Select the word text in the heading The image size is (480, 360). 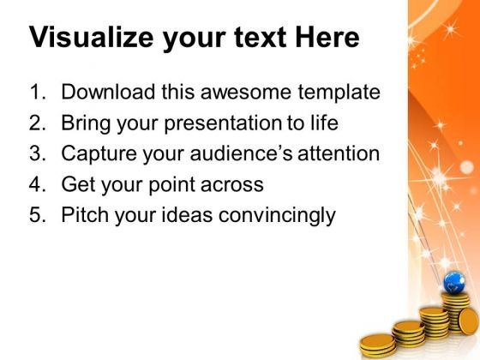coord(261,38)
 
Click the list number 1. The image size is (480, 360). coord(38,92)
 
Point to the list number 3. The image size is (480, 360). coord(38,153)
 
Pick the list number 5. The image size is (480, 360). coord(38,214)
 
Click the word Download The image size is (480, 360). coord(108,91)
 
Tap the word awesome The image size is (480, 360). coord(246,92)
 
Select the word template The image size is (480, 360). coord(339,93)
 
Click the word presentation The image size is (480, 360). coord(223,123)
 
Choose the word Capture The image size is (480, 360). coord(99,153)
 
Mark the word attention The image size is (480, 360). coord(339,153)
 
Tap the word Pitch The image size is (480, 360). coord(85,214)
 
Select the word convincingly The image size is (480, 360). coord(277,215)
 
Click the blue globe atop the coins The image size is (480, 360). coord(454,283)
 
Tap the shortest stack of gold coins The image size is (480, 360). coord(378,345)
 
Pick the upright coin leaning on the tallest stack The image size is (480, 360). coord(468,321)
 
